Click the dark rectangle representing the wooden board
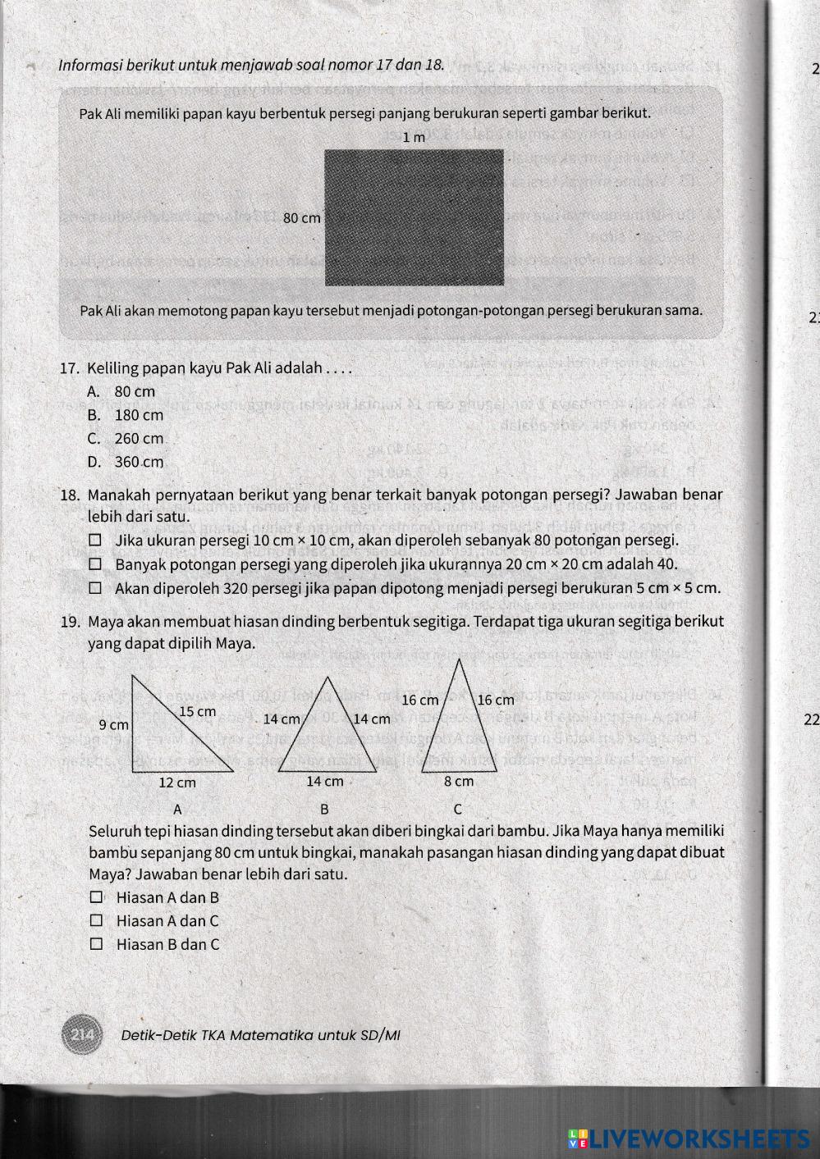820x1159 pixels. (415, 217)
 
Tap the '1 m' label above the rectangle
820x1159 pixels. (415, 138)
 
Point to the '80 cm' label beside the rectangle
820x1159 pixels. (301, 218)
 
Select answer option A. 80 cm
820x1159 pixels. (121, 392)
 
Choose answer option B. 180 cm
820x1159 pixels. (126, 415)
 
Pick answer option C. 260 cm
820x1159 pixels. (126, 439)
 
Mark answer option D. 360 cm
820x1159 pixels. (126, 462)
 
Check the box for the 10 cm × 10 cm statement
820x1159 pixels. (96, 541)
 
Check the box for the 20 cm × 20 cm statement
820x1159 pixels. (96, 564)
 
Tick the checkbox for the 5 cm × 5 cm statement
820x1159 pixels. (96, 588)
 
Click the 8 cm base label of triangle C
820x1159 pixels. (459, 782)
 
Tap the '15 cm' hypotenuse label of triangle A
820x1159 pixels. (197, 711)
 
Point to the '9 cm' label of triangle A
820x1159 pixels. (113, 725)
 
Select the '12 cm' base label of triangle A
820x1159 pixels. (176, 783)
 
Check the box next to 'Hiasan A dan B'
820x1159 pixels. (97, 897)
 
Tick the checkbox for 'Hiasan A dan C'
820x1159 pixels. (97, 921)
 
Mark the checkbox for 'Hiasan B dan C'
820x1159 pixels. (97, 944)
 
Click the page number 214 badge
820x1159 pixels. (81, 1035)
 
